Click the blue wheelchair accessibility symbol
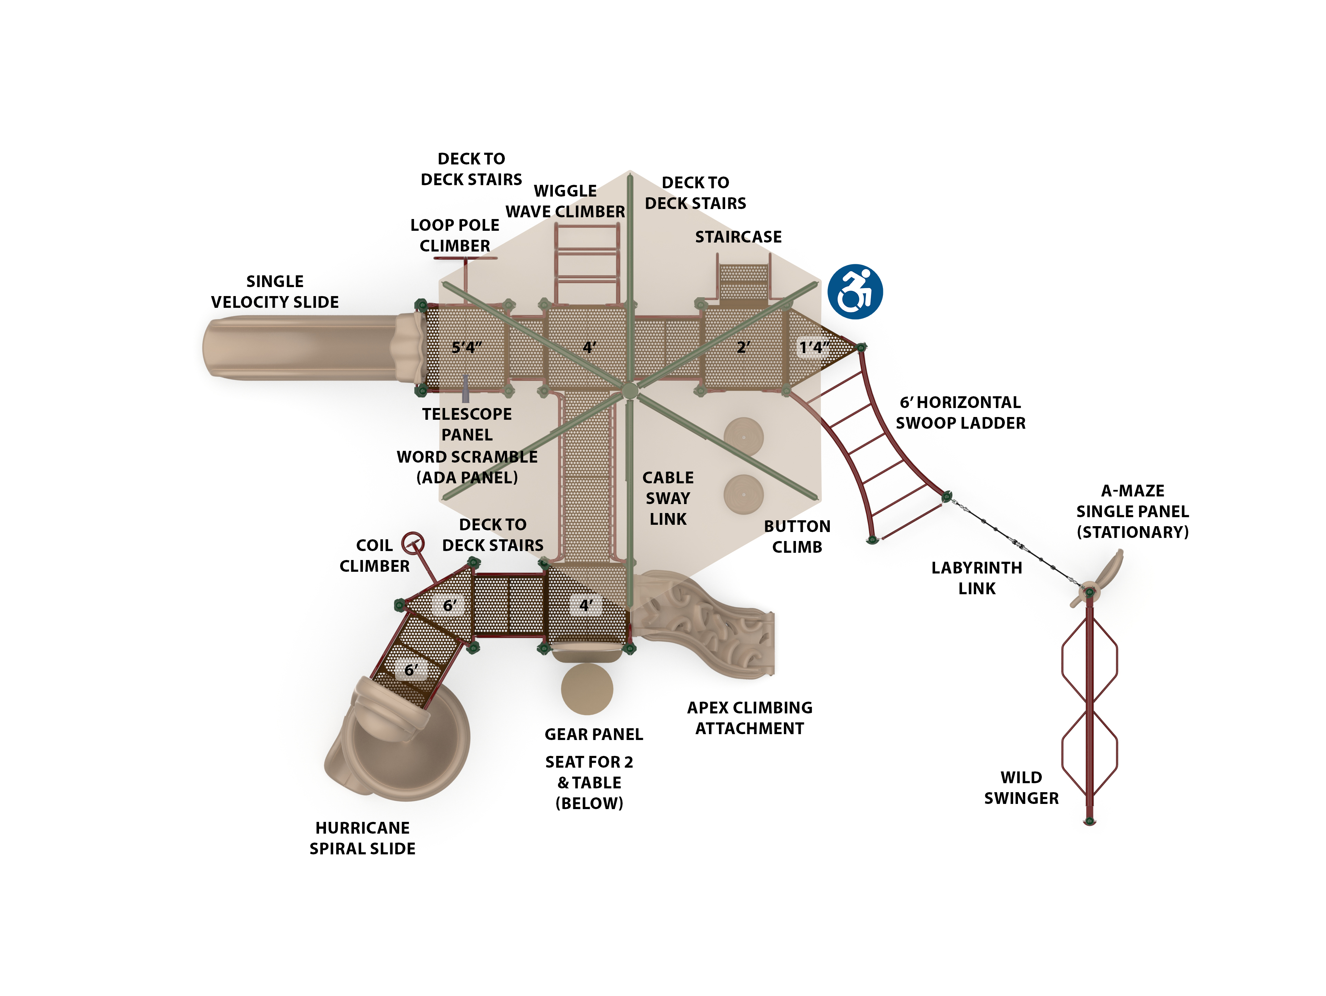(x=855, y=292)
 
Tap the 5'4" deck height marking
(x=467, y=347)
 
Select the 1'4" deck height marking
(x=814, y=347)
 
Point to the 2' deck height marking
(x=743, y=347)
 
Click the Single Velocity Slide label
(x=275, y=292)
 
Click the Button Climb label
(x=797, y=537)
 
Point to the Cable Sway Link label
(x=668, y=498)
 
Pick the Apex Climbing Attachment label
(x=749, y=718)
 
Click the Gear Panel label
(x=594, y=734)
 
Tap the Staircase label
(x=738, y=237)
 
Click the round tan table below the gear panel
(x=587, y=689)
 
